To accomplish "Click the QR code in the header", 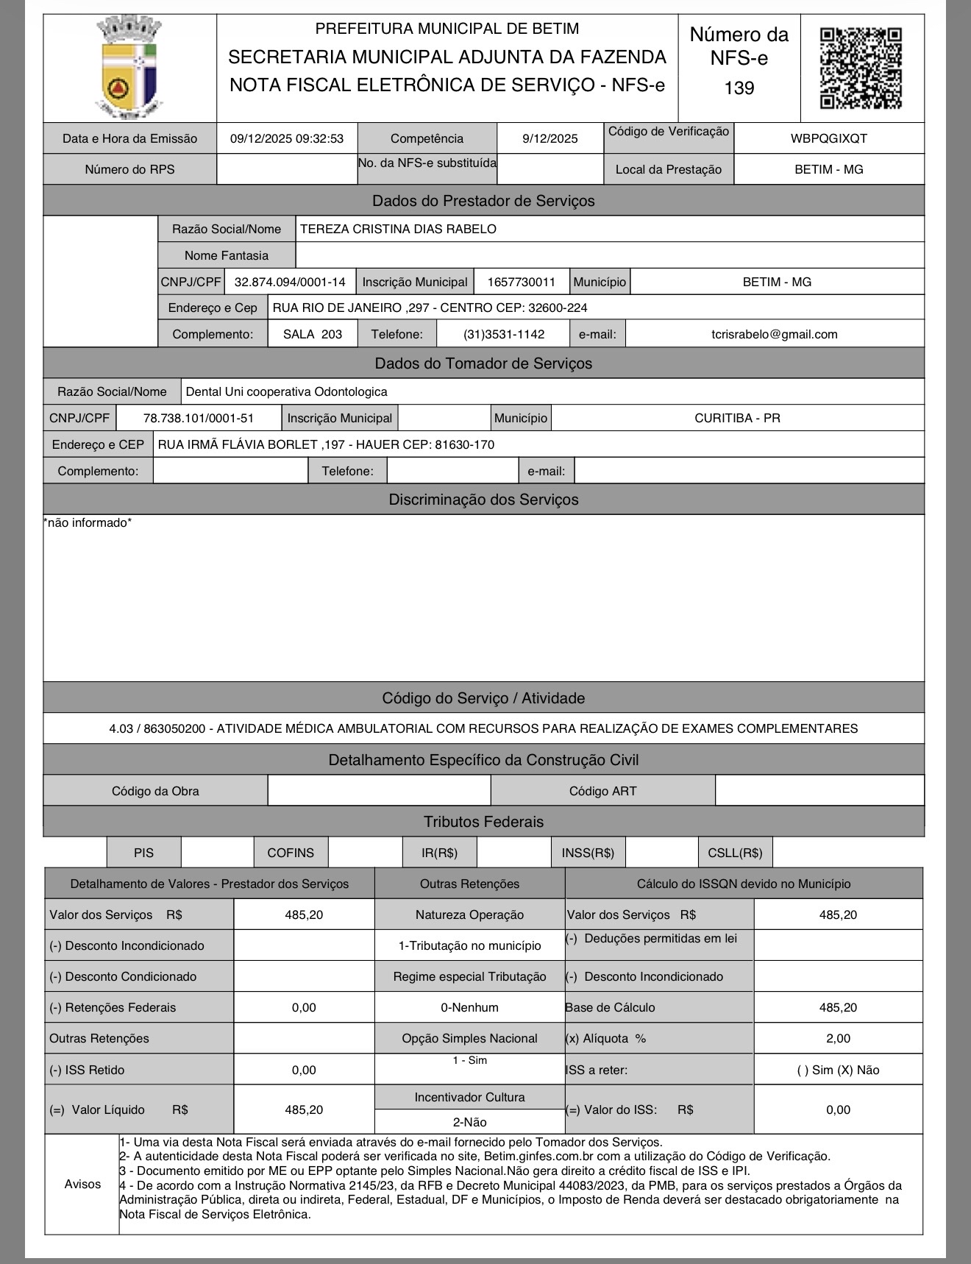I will click(x=861, y=68).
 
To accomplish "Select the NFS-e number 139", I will click(x=739, y=88).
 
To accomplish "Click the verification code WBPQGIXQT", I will click(x=828, y=138).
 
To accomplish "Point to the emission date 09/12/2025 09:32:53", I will click(x=287, y=138).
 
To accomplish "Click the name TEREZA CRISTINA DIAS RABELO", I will click(x=398, y=229).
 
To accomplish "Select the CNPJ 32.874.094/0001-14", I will click(x=290, y=282).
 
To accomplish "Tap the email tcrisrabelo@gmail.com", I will click(x=774, y=334).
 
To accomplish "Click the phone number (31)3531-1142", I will click(x=504, y=334).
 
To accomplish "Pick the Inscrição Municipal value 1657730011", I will click(x=522, y=282).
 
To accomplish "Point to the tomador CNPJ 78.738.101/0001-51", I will click(x=199, y=418).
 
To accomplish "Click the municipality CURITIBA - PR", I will click(x=737, y=418).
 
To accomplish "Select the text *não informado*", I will click(x=88, y=523).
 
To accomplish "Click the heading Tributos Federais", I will click(x=483, y=822).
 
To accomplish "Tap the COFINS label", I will click(x=291, y=853).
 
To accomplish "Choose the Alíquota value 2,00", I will click(x=838, y=1038).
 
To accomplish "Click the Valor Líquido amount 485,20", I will click(x=304, y=1109).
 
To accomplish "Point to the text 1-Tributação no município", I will click(x=469, y=945).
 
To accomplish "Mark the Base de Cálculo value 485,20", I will click(x=838, y=1007).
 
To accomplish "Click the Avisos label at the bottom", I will click(x=82, y=1184).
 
